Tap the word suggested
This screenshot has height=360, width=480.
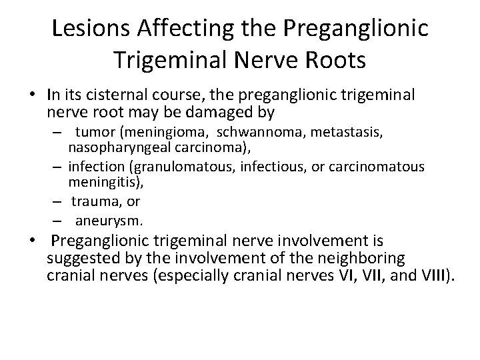83,259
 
